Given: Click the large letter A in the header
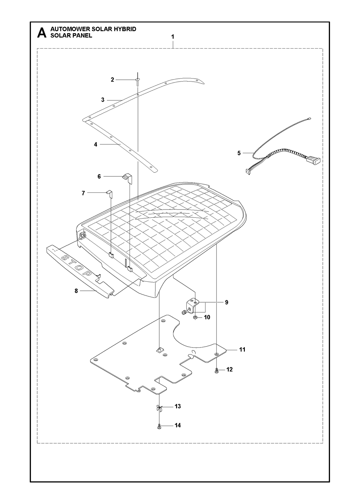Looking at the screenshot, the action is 42,33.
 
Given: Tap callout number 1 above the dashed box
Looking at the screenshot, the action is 173,37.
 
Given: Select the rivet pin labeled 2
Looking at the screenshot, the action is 137,82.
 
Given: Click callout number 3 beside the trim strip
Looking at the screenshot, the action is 103,100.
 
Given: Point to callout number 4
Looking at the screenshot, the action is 95,145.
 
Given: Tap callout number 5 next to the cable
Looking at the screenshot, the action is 239,153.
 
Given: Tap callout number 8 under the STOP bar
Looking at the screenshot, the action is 76,291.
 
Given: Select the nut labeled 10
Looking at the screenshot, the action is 195,318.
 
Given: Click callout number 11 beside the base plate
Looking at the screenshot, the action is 242,349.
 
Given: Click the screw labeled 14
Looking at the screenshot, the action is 159,426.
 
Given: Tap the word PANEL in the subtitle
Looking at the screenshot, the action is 82,36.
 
